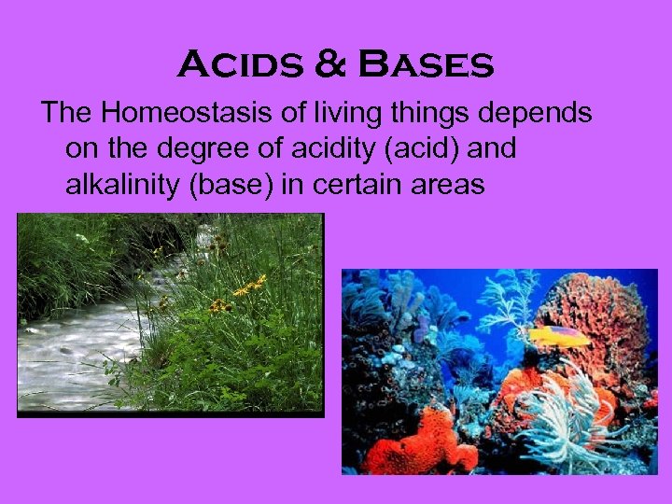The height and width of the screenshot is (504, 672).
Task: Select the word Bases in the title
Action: [x=426, y=65]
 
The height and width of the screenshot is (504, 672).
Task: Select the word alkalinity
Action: [x=123, y=185]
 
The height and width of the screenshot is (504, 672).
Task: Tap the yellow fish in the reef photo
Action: [x=558, y=335]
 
